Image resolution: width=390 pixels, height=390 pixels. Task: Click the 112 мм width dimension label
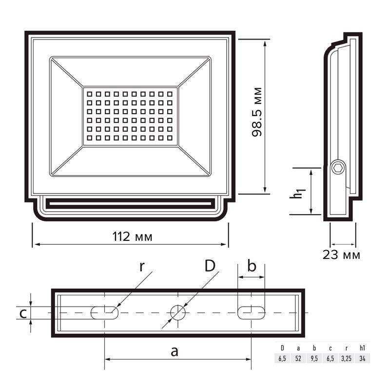(132, 236)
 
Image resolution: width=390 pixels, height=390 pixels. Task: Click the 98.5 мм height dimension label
(257, 112)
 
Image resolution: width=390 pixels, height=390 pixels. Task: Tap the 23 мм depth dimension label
(341, 254)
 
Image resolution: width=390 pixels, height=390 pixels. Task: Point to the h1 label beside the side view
(297, 194)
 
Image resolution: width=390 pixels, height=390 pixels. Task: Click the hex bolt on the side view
(338, 168)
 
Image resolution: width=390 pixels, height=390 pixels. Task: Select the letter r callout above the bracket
(142, 267)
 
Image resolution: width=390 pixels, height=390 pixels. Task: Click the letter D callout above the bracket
(210, 266)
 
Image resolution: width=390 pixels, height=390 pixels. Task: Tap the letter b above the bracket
(252, 265)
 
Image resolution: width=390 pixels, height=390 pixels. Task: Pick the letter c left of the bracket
(23, 314)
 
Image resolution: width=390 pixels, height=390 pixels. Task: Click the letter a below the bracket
(175, 351)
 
